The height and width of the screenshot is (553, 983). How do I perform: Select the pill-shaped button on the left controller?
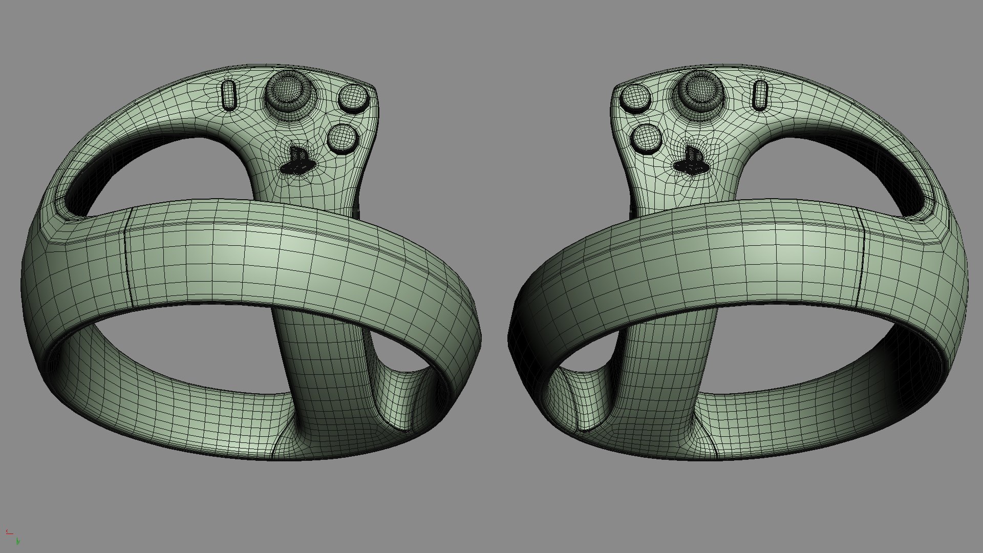pos(229,94)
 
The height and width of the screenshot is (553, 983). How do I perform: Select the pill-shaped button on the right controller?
pos(761,94)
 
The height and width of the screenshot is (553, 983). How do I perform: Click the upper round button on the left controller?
pos(353,98)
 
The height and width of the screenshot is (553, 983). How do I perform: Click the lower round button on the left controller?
pos(342,138)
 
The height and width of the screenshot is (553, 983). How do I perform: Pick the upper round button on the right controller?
pos(635,98)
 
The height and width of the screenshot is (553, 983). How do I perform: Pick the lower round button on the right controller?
pos(646,138)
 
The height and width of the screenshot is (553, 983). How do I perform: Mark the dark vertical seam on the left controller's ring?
pos(127,256)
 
